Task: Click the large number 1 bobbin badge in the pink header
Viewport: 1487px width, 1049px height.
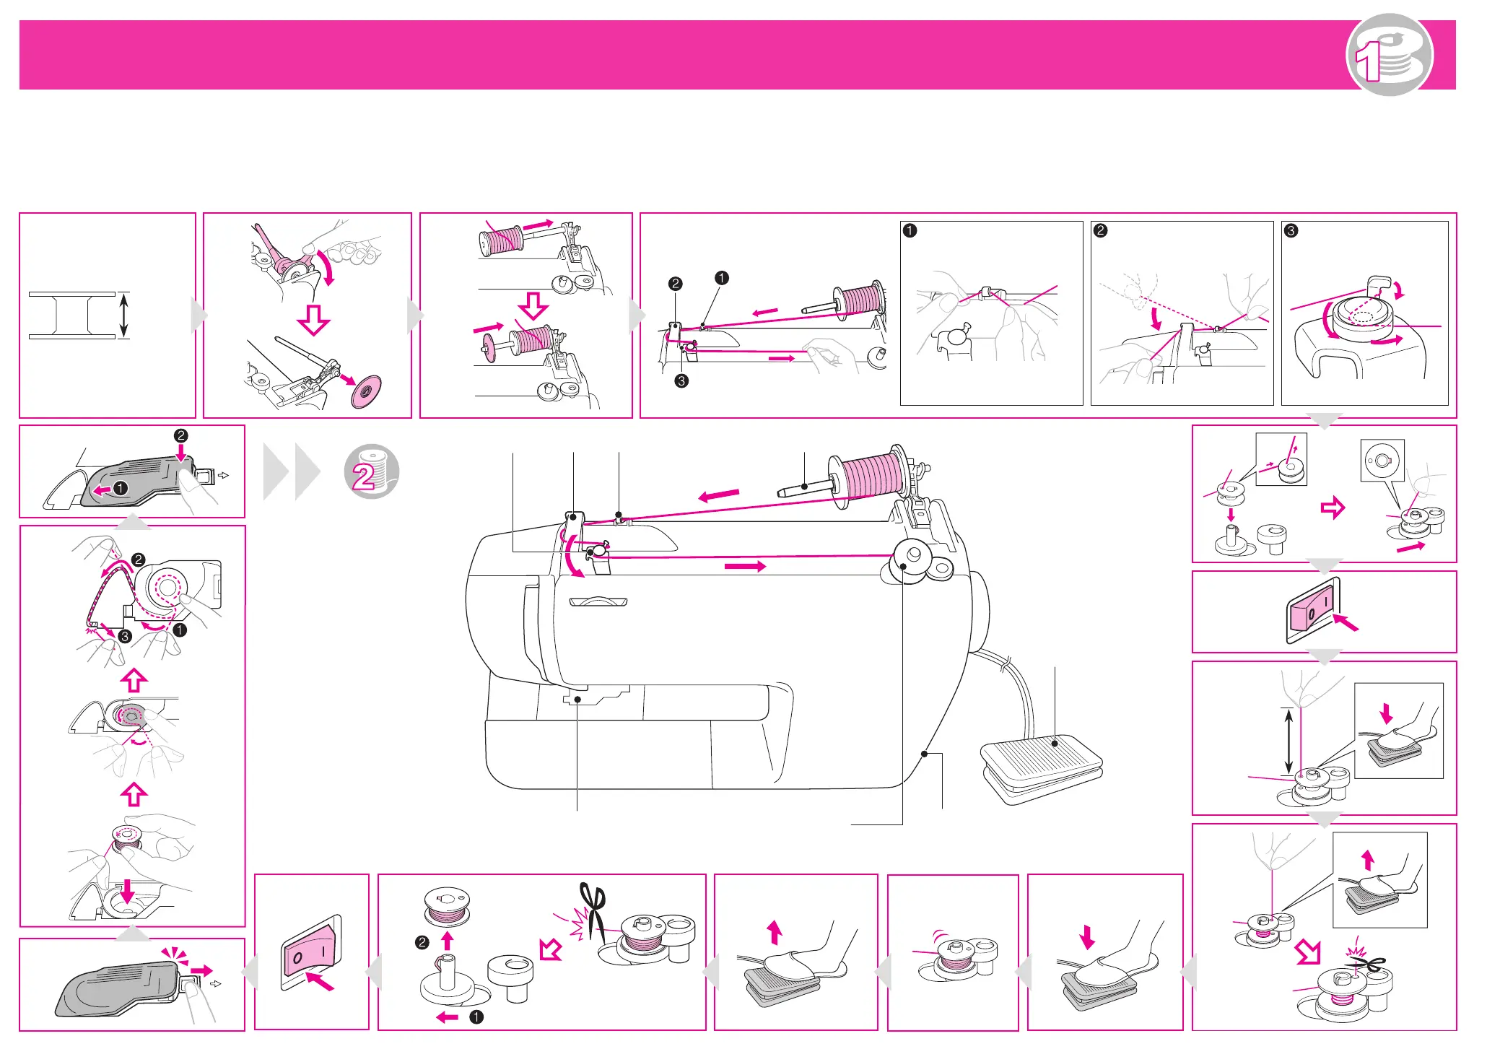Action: (1389, 55)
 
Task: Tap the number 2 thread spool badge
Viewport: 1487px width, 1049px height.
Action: (371, 471)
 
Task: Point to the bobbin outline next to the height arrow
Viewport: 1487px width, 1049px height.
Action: (71, 315)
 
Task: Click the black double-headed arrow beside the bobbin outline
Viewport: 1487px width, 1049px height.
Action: (124, 315)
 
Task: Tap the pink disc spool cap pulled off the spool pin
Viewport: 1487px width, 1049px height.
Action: (365, 391)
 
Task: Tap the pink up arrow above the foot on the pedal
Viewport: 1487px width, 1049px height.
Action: (775, 932)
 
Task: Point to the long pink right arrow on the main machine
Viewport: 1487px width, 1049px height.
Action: (745, 567)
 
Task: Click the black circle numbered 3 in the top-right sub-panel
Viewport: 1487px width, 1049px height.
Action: (1291, 231)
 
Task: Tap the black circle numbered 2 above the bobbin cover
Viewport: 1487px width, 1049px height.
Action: (180, 435)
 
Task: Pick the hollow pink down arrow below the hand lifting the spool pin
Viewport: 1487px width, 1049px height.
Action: (314, 319)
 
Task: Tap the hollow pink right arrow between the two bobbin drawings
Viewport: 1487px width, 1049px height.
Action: (1333, 508)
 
